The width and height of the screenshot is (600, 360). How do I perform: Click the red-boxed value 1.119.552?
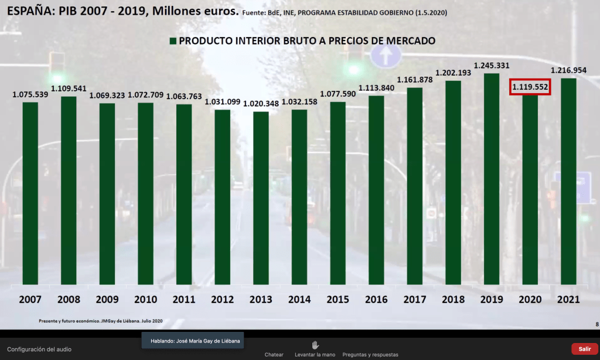tap(530, 87)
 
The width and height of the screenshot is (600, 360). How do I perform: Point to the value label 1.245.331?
tap(492, 66)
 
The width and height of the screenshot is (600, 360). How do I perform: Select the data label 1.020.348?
tap(261, 103)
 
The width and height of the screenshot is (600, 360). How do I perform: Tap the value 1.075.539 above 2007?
tap(30, 94)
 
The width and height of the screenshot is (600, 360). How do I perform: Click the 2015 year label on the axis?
tap(338, 300)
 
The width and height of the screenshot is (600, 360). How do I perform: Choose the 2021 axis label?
tap(568, 300)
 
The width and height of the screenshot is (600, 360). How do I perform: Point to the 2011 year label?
tap(184, 300)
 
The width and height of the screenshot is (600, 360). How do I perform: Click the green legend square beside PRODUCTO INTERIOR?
tap(172, 42)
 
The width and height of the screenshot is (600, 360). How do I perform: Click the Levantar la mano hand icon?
tap(315, 345)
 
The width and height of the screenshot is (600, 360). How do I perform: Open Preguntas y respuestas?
tap(370, 355)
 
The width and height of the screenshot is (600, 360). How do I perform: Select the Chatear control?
tap(274, 355)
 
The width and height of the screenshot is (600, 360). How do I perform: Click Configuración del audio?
tap(39, 349)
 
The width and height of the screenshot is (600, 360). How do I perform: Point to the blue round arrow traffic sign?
tap(386, 57)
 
